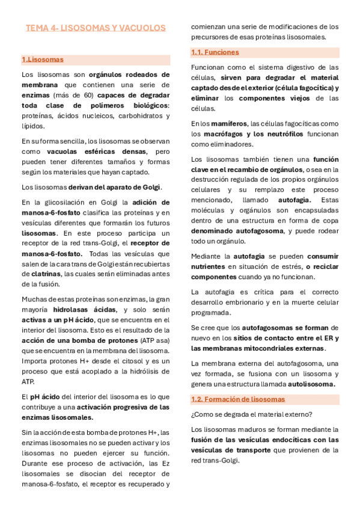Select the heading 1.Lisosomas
click(42, 60)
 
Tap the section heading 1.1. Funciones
click(215, 52)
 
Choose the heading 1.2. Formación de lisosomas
click(238, 399)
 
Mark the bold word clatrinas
click(41, 274)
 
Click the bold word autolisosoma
click(311, 384)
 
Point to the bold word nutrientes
click(210, 266)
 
